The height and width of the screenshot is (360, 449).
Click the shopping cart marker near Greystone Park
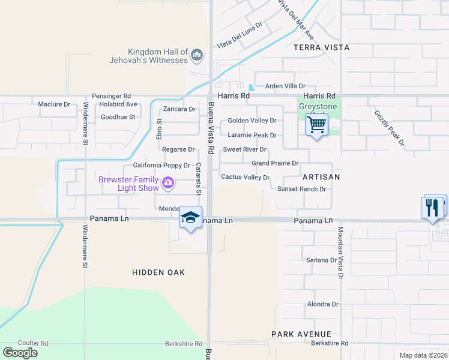pos(316,125)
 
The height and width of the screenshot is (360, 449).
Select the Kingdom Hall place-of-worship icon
pos(196,56)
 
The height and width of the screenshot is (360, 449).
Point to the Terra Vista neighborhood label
pos(321,47)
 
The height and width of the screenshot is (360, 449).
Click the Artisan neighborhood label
pos(321,177)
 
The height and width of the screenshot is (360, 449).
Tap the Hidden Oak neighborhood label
pos(158,272)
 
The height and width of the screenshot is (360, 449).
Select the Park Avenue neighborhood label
pos(301,334)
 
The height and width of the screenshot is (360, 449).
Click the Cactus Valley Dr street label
pos(245,178)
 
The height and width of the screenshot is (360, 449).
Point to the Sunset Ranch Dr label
pos(301,189)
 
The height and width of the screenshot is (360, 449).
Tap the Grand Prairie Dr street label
pos(275,163)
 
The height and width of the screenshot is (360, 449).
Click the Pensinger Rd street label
pos(111,96)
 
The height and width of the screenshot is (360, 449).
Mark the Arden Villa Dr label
pos(285,86)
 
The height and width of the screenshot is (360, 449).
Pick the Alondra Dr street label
pos(323,304)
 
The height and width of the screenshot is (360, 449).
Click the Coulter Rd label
pos(33,344)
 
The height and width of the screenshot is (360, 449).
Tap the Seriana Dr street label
pos(322,260)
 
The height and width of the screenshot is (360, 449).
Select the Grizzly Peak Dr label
pos(390,128)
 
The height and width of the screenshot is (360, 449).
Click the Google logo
pos(20,353)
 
